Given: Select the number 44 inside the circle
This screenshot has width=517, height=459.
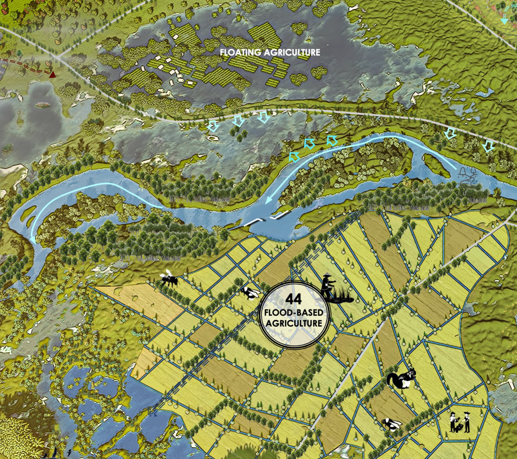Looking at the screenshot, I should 293,299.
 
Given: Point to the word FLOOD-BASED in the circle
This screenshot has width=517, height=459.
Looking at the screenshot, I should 294,313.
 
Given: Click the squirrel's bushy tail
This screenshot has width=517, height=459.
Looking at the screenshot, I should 393,379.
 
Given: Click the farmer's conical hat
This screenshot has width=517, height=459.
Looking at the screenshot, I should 327,276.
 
